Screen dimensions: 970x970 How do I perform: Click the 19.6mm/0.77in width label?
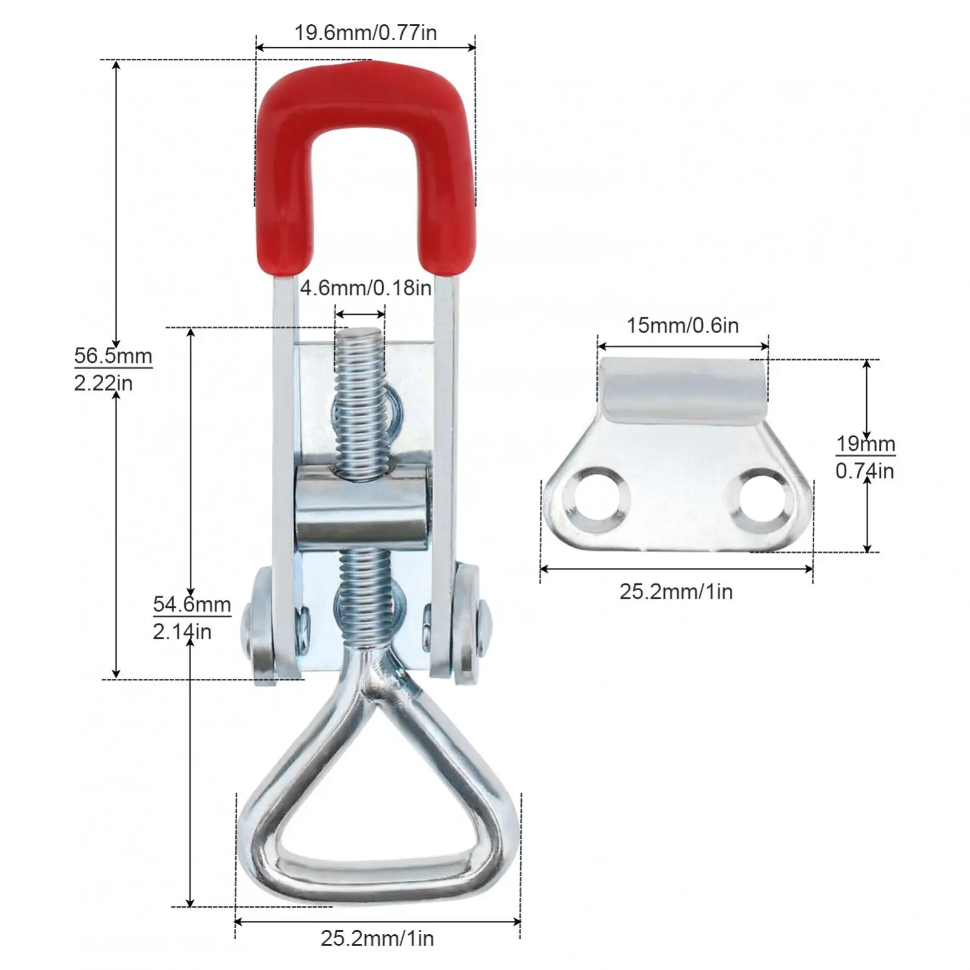coord(365,33)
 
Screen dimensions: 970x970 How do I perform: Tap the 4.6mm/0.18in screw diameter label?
coord(365,288)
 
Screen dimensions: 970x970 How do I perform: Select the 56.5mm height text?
coord(113,355)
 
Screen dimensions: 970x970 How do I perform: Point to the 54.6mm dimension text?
coord(192,604)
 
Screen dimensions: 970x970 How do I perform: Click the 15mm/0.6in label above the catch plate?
coord(682,326)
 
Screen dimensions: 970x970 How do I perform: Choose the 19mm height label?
coord(866,444)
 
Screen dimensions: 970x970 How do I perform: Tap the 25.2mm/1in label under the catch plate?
coord(676,591)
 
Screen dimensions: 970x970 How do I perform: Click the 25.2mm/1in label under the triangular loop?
coord(377,938)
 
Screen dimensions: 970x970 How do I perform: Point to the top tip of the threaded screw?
coord(360,334)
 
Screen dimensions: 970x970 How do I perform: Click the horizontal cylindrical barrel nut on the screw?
coord(362,507)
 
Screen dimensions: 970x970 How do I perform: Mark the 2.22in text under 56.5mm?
coord(103,383)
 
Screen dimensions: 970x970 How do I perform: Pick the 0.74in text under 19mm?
coord(864,471)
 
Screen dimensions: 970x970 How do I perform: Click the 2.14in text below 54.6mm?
coord(182,632)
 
